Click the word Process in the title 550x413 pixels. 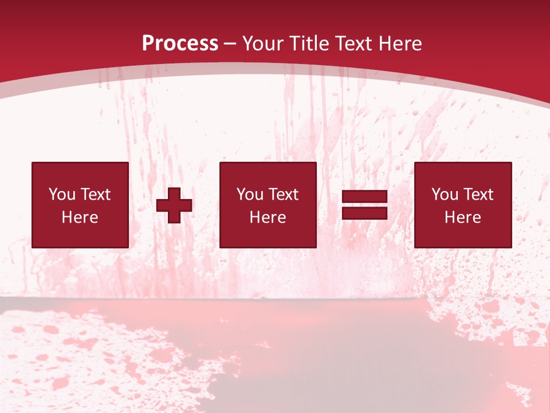click(x=180, y=44)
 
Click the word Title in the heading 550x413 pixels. click(x=311, y=44)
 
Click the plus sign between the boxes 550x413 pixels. click(x=174, y=205)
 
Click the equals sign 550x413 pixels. click(x=364, y=205)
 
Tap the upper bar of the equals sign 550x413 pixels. click(x=364, y=197)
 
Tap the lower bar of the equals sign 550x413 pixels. click(x=364, y=213)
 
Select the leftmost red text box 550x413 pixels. click(x=80, y=205)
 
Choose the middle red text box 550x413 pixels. click(x=268, y=205)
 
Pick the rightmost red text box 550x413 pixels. click(x=462, y=205)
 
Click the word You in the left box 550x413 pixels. click(x=61, y=194)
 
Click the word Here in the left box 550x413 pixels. click(x=80, y=217)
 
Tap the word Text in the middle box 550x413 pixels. click(x=283, y=194)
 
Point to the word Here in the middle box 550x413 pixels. click(x=268, y=217)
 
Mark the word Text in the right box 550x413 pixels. click(x=478, y=194)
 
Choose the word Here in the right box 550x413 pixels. click(x=462, y=217)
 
